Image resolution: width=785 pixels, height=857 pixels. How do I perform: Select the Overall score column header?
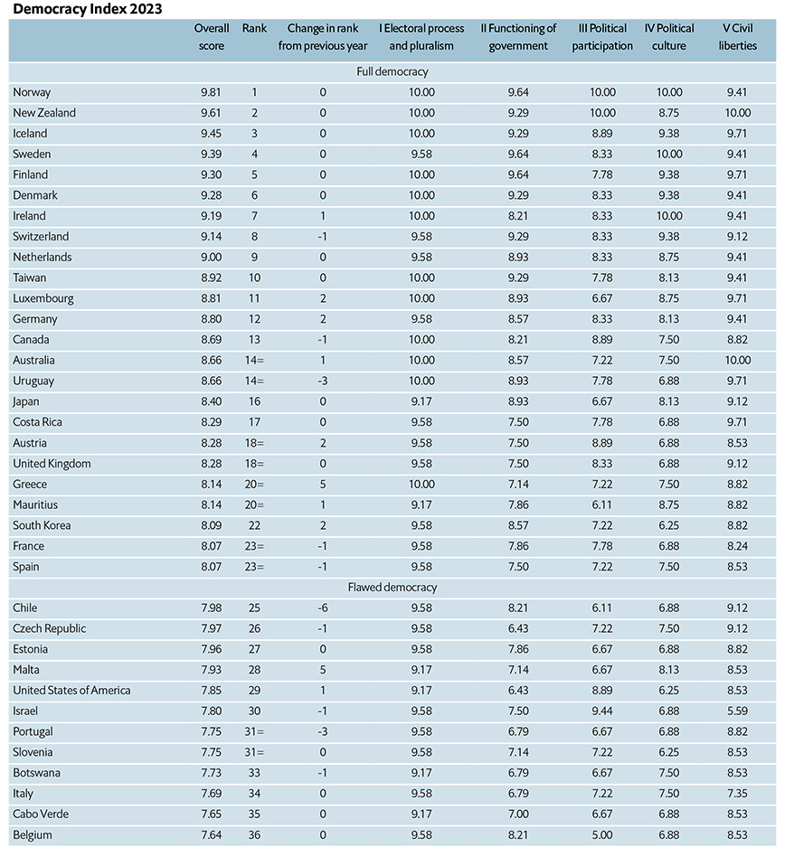point(212,37)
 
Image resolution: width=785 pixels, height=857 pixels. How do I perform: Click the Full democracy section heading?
point(392,71)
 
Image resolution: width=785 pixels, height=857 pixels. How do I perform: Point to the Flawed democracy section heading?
point(392,588)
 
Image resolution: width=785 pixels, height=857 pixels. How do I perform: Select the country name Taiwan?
point(30,278)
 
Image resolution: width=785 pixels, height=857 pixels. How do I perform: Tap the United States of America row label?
point(71,691)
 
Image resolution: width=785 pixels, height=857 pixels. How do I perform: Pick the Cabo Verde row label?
point(41,814)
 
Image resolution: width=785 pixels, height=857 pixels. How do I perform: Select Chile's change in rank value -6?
point(323,608)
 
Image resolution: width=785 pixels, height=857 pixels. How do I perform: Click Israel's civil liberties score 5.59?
point(738,711)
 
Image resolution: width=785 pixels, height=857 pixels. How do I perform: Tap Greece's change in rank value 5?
point(323,484)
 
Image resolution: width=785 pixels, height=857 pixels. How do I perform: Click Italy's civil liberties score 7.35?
point(738,794)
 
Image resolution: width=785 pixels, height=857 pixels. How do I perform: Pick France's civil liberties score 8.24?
point(738,546)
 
